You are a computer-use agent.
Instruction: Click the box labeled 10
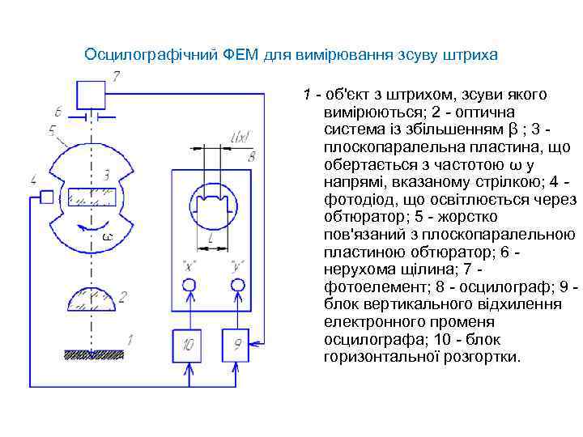(189, 345)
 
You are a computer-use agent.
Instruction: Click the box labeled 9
(237, 345)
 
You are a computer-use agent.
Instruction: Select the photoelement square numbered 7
(90, 95)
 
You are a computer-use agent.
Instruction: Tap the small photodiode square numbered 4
(47, 197)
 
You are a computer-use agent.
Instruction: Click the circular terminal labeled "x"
(189, 286)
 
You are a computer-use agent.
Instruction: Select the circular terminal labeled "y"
(237, 286)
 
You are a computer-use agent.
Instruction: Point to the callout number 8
(252, 155)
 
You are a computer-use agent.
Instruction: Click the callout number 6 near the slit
(58, 111)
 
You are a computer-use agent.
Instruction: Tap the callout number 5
(52, 129)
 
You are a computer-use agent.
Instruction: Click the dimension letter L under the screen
(211, 240)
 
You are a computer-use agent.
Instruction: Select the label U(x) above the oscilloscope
(240, 138)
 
